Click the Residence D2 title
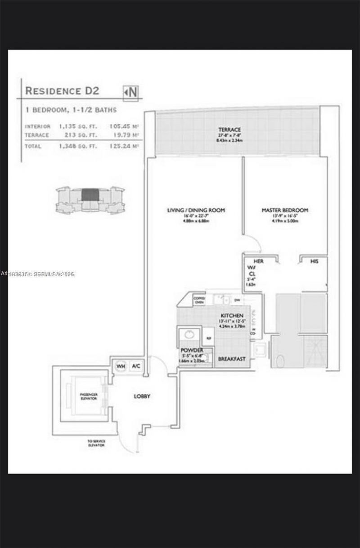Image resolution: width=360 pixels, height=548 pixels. tap(62, 90)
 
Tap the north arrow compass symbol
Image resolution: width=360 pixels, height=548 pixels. tap(131, 92)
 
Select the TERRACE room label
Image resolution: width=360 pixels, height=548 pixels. tap(229, 130)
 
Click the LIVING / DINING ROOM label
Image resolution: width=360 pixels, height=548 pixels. tap(196, 210)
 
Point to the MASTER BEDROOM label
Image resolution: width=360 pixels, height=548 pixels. tap(285, 210)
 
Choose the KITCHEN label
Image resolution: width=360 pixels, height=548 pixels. tap(232, 316)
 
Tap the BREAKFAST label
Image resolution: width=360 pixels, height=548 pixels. tap(232, 359)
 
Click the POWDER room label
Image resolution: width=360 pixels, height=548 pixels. tap(192, 350)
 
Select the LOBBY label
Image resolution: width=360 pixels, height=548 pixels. tap(142, 396)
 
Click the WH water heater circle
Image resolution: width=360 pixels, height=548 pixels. tap(121, 366)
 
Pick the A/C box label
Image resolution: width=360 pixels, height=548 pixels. tap(135, 366)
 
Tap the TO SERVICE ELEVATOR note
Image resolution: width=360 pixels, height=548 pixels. tap(96, 443)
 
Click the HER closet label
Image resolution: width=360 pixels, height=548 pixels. tap(258, 261)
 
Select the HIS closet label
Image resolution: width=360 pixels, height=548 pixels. tap(315, 261)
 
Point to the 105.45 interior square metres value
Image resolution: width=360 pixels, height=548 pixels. tap(121, 126)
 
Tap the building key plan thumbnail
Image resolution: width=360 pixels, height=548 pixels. tap(90, 199)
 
